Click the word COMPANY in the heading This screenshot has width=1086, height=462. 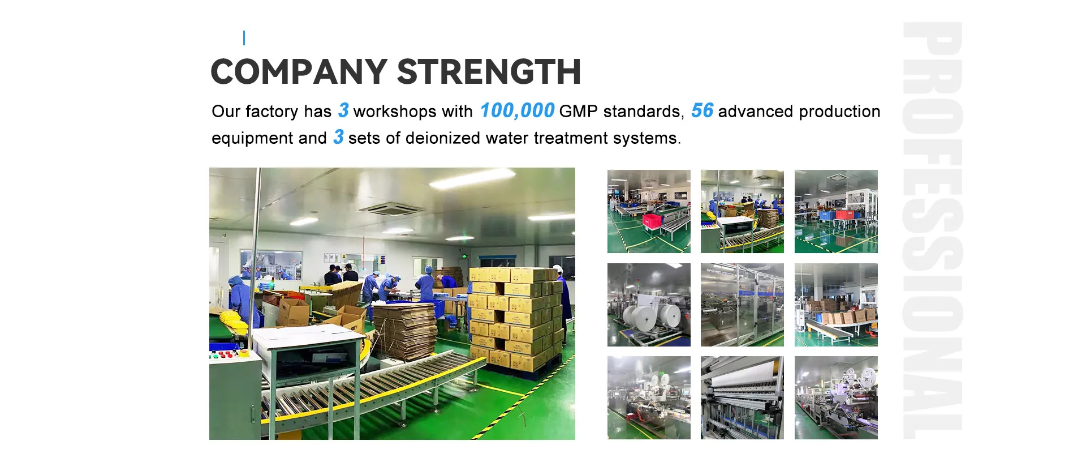coord(299,72)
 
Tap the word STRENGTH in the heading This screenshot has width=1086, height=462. coord(489,72)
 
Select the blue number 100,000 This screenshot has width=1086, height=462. coord(517,110)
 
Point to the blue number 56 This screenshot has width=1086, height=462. coord(702,110)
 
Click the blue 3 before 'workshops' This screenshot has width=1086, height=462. coord(343,110)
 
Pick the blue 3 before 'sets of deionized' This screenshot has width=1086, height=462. coord(338,137)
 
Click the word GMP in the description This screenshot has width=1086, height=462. coord(578,112)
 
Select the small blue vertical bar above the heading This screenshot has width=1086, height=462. coord(244,38)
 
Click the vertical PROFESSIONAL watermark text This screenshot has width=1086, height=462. coord(932,230)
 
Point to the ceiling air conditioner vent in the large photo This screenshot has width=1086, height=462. coord(391,209)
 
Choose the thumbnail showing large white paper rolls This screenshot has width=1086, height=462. coord(649,305)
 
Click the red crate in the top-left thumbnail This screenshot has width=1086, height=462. coord(652,221)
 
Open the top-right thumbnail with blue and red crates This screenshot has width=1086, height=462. coord(836,211)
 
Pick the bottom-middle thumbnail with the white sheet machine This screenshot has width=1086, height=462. coord(742,397)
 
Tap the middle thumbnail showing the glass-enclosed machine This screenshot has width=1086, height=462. coord(742,305)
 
